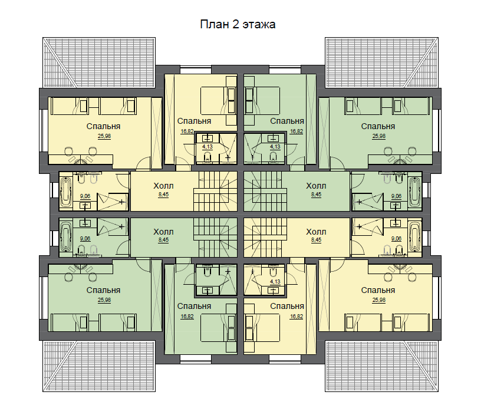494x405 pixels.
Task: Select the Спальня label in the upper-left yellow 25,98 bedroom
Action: (103, 126)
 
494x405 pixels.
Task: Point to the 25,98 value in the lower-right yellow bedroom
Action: (378, 300)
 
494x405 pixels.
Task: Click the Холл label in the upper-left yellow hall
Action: (163, 186)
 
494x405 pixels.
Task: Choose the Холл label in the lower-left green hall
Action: (163, 232)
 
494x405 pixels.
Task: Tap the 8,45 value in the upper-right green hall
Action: (316, 195)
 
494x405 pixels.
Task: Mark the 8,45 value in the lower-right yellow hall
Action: (316, 240)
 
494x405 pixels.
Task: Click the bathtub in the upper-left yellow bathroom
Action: (66, 192)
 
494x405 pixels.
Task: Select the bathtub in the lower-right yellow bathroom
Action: (414, 236)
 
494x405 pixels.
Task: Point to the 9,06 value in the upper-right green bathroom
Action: (396, 196)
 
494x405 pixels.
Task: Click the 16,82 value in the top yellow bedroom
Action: (187, 131)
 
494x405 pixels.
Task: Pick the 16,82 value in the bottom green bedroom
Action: (187, 317)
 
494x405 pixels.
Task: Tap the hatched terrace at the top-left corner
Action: (99, 62)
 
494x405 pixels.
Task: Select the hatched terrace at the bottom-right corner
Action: (381, 366)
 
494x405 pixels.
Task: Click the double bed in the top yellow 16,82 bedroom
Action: (219, 101)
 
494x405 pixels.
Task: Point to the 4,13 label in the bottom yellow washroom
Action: (275, 282)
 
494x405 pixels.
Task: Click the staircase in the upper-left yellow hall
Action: (215, 192)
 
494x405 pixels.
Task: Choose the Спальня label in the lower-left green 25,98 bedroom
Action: (103, 290)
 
